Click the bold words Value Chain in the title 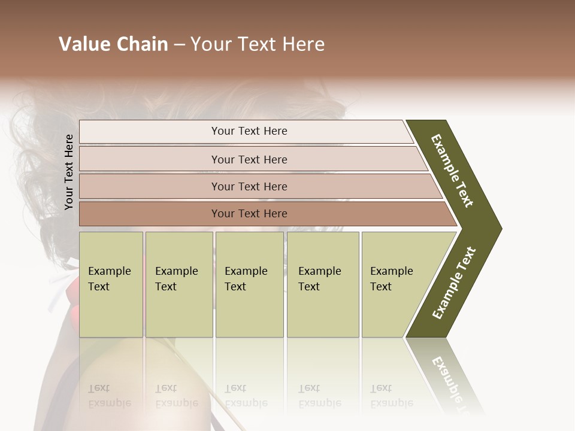[x=113, y=44]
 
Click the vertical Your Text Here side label [x=69, y=172]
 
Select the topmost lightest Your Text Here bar [x=249, y=131]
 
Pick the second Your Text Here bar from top [x=249, y=159]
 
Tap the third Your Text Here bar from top [x=249, y=186]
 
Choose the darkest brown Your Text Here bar [x=249, y=214]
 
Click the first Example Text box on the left [x=111, y=284]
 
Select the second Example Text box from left [x=178, y=284]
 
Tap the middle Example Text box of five [x=249, y=284]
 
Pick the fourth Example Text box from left [x=323, y=284]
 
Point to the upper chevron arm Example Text [x=452, y=171]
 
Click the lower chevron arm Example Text [x=454, y=283]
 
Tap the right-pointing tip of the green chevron [x=497, y=228]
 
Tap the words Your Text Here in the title [x=258, y=44]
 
